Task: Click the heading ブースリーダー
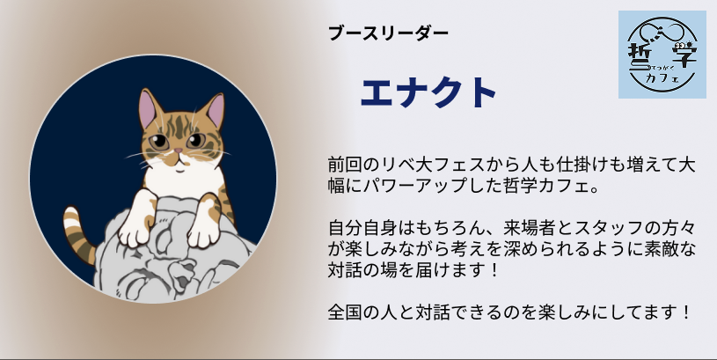(x=388, y=33)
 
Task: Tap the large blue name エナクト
(x=428, y=92)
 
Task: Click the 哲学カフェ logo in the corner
(x=662, y=55)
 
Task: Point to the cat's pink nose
(x=178, y=151)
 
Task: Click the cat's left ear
(x=149, y=108)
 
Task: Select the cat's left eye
(x=159, y=142)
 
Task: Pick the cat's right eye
(x=195, y=141)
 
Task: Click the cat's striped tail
(x=78, y=233)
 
